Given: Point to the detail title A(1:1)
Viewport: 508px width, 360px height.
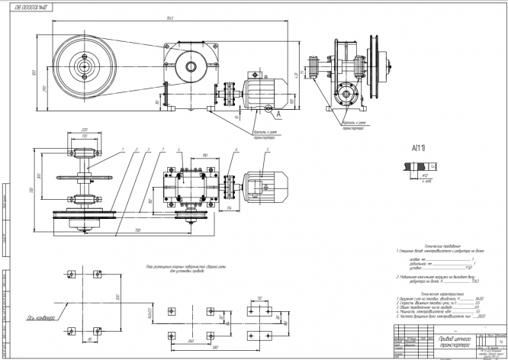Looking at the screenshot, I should [x=419, y=150].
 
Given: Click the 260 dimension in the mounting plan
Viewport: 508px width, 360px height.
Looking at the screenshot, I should [x=191, y=338].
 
